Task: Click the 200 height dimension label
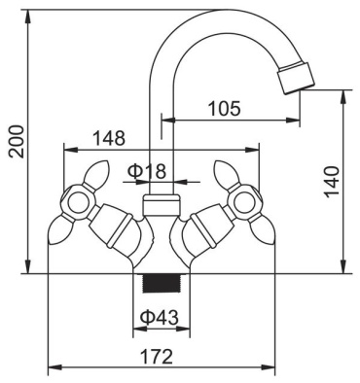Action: pyautogui.click(x=17, y=141)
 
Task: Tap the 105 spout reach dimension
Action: pyautogui.click(x=225, y=108)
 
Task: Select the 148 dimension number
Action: pyautogui.click(x=109, y=138)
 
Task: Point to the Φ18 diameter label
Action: pyautogui.click(x=147, y=171)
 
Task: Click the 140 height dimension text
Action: pyautogui.click(x=332, y=182)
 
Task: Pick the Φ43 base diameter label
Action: pyautogui.click(x=160, y=317)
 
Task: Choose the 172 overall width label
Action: pyautogui.click(x=157, y=357)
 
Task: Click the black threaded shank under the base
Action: pyautogui.click(x=162, y=283)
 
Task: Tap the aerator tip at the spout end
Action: pyautogui.click(x=296, y=79)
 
